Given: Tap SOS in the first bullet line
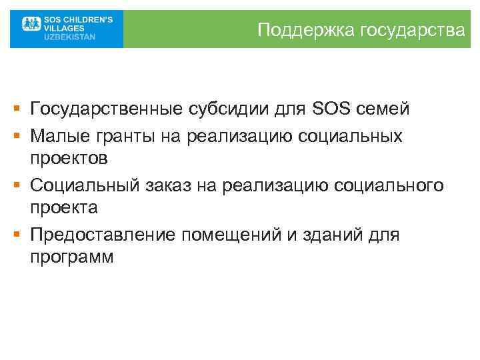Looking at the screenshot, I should pyautogui.click(x=328, y=108).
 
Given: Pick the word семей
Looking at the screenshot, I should pyautogui.click(x=381, y=108).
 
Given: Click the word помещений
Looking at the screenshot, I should pyautogui.click(x=225, y=234).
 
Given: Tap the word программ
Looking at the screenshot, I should pyautogui.click(x=72, y=257).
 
